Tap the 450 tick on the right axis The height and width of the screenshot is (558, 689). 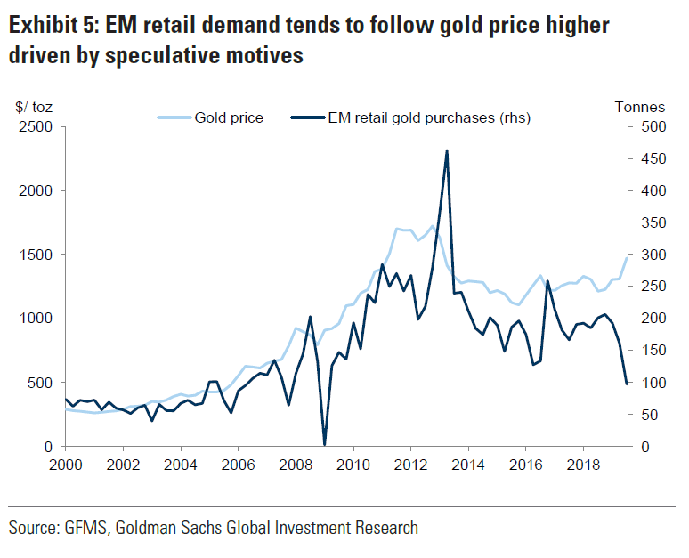651,159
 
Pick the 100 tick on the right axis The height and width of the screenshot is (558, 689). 651,383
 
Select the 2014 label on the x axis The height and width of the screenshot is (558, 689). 468,465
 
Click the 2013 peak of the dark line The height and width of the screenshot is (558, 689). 447,150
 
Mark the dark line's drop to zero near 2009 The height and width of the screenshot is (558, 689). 324,444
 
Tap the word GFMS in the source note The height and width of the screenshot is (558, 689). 85,528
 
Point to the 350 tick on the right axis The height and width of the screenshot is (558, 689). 651,223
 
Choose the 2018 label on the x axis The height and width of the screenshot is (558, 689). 583,465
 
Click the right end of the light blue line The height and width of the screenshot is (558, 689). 626,257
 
